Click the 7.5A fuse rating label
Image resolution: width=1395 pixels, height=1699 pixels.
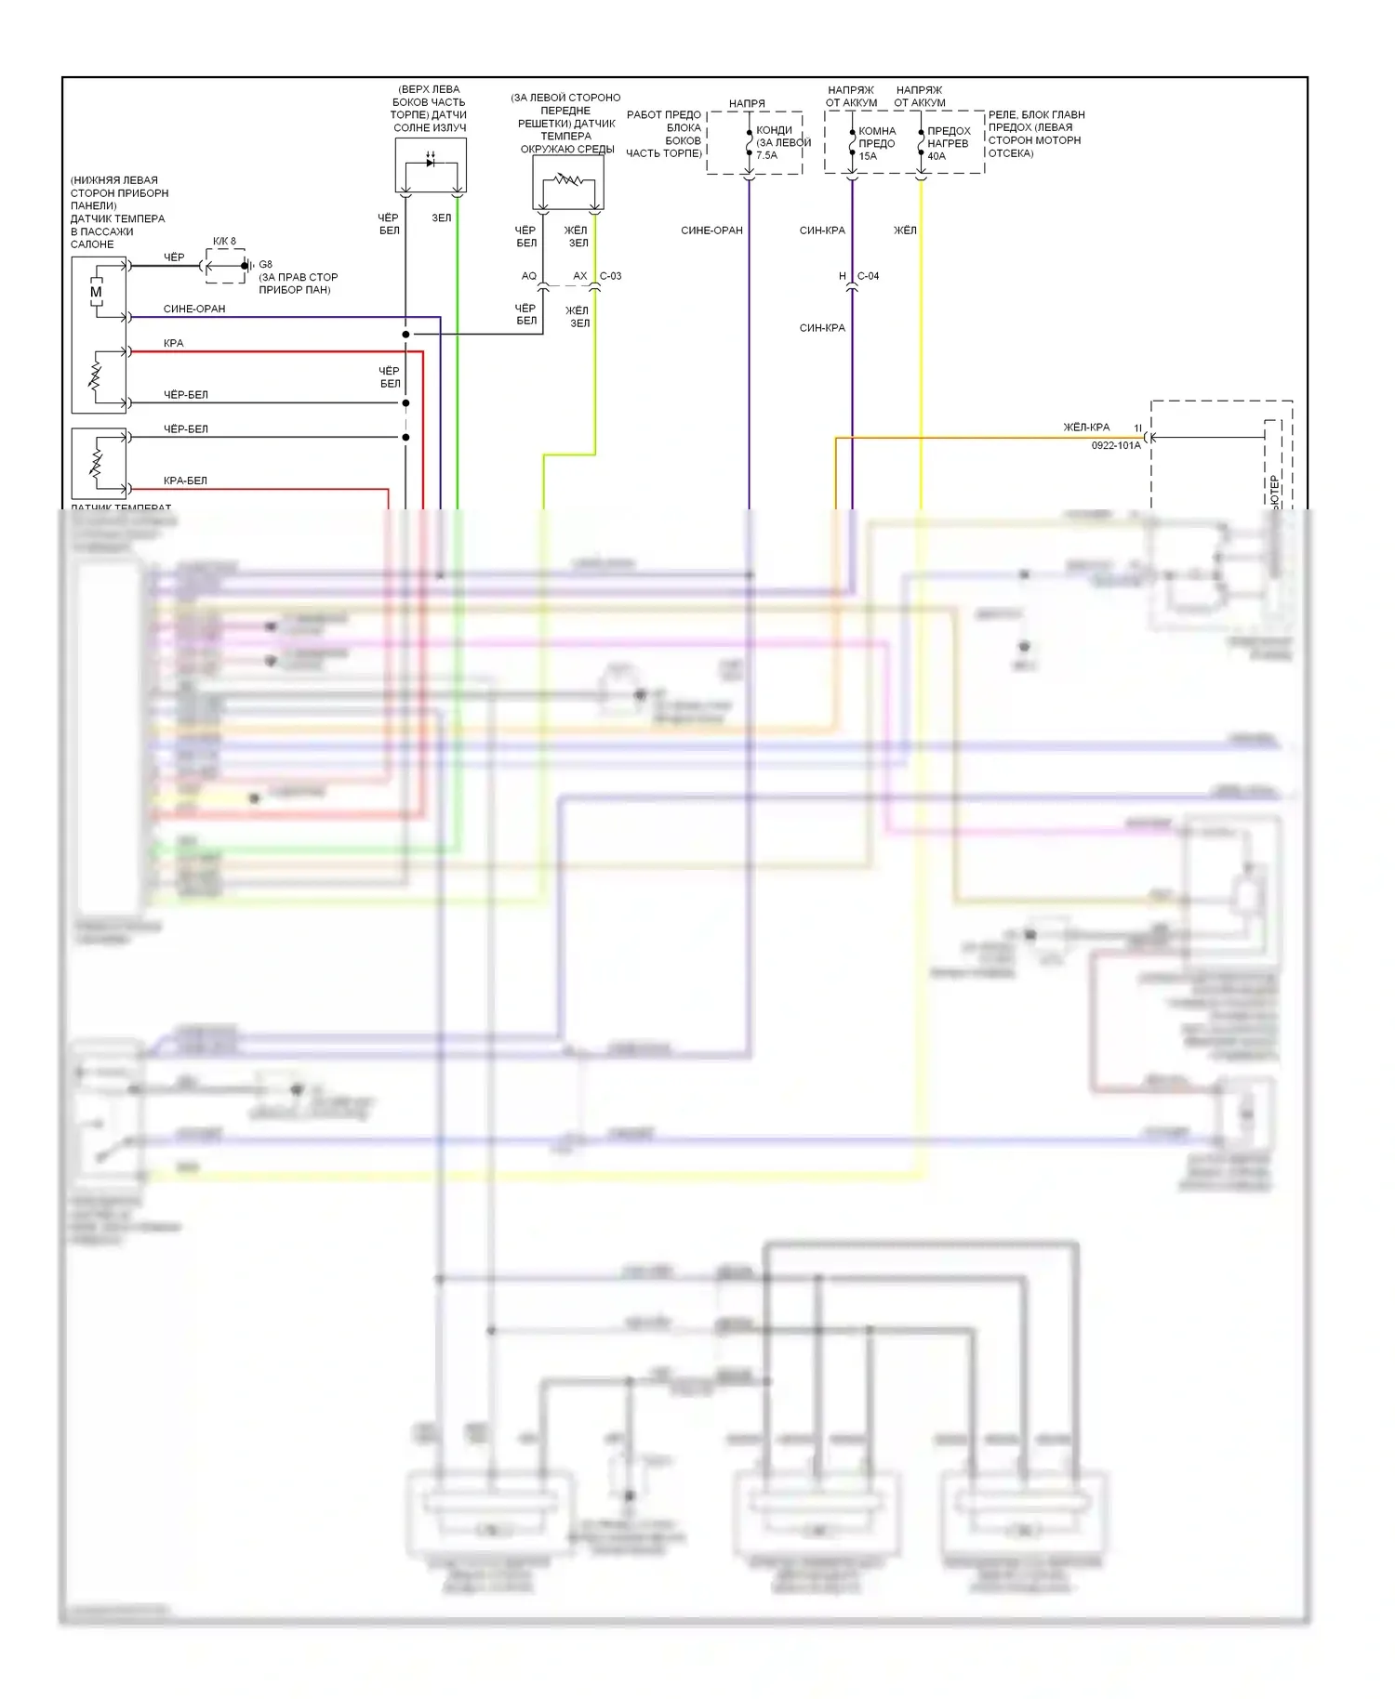tap(766, 155)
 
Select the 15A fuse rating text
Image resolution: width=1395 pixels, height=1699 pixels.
tap(867, 156)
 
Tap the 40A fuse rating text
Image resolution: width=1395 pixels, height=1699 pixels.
tap(936, 156)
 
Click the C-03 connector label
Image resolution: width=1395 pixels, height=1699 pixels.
tap(610, 276)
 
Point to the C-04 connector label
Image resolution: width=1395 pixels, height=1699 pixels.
tap(868, 276)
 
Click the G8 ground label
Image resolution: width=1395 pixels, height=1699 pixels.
tap(265, 265)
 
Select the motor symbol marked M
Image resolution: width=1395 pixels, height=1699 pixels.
tap(96, 292)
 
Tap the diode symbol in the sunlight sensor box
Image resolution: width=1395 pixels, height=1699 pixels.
tap(431, 162)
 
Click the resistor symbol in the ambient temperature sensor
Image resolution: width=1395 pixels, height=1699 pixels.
tap(568, 178)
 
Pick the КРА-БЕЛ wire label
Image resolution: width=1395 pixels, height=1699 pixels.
tap(185, 481)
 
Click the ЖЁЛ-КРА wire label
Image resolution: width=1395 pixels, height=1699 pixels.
tap(1086, 428)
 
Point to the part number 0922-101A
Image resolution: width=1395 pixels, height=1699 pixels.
tap(1115, 446)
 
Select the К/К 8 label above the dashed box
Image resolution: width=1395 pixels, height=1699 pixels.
tap(224, 242)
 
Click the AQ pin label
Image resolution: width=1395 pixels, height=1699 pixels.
tap(528, 276)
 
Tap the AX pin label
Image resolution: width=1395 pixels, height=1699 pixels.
tap(579, 276)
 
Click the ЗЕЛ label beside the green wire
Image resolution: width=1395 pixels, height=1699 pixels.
tap(441, 218)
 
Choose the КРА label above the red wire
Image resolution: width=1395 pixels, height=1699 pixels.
tap(174, 343)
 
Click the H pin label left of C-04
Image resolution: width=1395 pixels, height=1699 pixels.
tap(843, 276)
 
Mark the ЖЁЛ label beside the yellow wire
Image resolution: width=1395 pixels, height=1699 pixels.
tap(905, 230)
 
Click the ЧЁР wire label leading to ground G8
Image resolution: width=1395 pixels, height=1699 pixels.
tap(174, 257)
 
